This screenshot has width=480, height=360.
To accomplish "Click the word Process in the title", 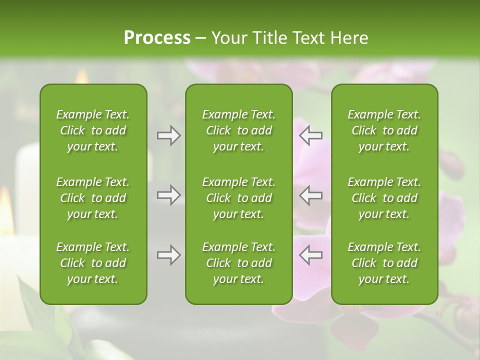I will (157, 38).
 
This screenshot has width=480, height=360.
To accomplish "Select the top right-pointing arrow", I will (168, 135).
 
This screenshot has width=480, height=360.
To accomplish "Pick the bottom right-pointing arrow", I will (168, 255).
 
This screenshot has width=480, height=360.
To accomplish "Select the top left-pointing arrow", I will (310, 135).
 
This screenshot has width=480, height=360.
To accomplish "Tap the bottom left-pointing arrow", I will (310, 255).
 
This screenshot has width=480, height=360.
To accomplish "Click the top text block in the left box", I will (93, 130).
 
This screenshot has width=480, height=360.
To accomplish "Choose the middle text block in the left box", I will (93, 198).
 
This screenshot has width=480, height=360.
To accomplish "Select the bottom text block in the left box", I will (93, 263).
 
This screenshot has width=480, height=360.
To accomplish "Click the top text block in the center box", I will (238, 130).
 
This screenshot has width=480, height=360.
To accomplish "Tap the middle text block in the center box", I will (238, 198).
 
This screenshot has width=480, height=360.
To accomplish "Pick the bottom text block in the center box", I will (238, 263).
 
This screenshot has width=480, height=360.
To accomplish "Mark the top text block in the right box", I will (384, 130).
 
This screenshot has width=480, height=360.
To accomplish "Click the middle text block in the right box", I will (384, 198).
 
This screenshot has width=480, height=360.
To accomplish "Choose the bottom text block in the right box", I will (384, 263).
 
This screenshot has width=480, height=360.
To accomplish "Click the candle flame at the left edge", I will (6, 210).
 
